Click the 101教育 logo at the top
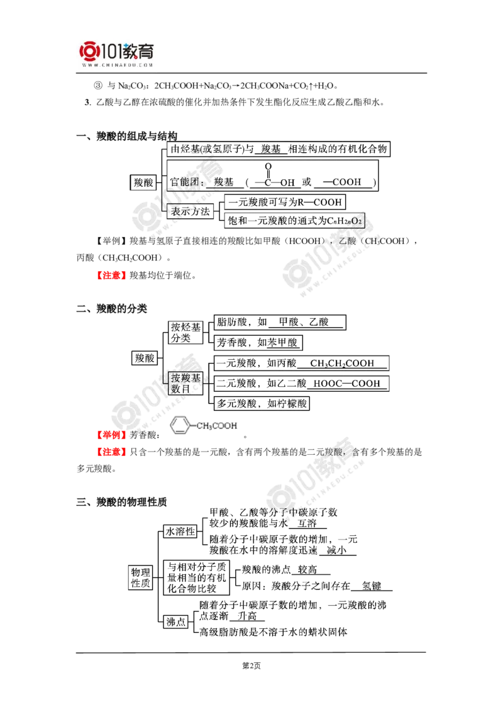pos(117,53)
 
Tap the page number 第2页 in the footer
pos(251,665)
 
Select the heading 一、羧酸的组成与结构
pos(126,136)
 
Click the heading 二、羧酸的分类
pos(112,309)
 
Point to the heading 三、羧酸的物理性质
pos(122,502)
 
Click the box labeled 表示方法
pos(191,211)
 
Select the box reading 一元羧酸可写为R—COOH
pos(285,202)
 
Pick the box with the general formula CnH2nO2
pos(295,221)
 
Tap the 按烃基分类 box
pos(185,332)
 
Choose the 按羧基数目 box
pos(185,383)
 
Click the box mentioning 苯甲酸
pos(257,342)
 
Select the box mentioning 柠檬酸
pos(262,403)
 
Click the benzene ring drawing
pos(180,425)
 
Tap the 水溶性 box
pos(180,531)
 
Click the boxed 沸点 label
pos(175,621)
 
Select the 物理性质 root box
pos(140,577)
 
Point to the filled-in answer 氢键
pos(372,586)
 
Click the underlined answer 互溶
pos(307,523)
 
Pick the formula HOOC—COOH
pos(347,383)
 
